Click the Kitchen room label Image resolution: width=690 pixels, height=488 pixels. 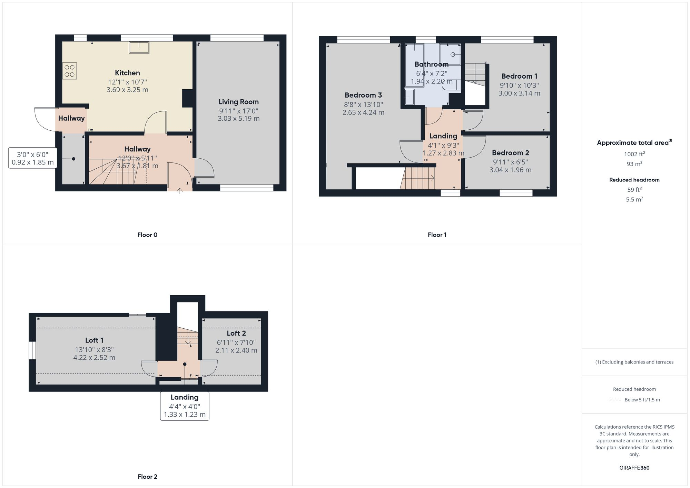pos(127,73)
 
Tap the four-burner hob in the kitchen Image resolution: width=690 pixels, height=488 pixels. pos(70,71)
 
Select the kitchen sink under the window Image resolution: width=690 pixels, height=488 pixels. pos(139,48)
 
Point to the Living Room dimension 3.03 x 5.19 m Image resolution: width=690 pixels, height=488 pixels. pos(238,119)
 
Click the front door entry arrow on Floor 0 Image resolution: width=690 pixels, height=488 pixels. pos(180,191)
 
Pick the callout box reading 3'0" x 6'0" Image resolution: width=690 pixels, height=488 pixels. pos(33,158)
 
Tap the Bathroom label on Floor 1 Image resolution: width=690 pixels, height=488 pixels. pos(431,64)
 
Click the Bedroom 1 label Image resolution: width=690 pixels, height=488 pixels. pos(519,76)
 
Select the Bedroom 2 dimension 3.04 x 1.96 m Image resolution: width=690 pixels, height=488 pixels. pos(510,170)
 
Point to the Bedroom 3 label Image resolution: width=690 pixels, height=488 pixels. pos(363,95)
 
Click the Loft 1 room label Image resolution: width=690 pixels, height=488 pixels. pos(94,340)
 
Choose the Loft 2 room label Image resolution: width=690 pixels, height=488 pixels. pos(236,333)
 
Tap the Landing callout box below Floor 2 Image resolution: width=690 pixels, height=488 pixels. pos(185,406)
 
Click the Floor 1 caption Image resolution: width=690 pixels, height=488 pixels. pos(437,235)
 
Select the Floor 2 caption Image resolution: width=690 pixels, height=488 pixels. pos(147,477)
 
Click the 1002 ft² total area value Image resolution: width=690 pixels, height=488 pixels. pos(634,154)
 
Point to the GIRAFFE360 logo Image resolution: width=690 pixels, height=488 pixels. pos(634,468)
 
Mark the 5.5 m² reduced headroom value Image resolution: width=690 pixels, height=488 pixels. pos(634,199)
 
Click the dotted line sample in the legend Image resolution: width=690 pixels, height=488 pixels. pos(615,400)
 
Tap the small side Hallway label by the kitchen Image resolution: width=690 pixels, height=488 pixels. pos(71,118)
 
